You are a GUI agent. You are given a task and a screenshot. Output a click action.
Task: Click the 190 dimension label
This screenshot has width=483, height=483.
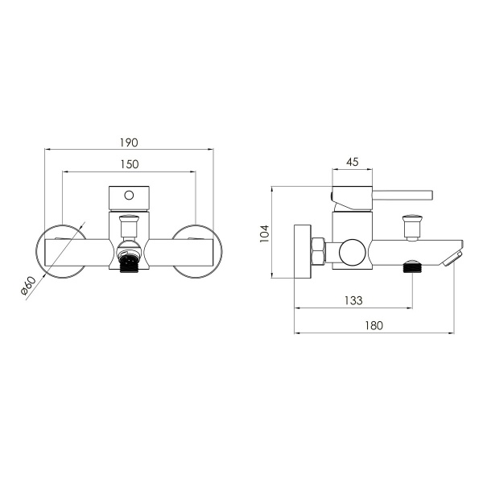(129, 142)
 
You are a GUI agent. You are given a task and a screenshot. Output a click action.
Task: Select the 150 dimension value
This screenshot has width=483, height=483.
(130, 164)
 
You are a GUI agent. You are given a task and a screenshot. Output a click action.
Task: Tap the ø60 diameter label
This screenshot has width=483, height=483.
(28, 286)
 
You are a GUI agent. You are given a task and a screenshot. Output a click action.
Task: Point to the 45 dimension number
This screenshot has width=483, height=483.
(353, 162)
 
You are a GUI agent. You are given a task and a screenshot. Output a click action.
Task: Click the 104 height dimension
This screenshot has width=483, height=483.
(264, 233)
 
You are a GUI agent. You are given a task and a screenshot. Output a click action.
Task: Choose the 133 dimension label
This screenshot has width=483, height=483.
(353, 300)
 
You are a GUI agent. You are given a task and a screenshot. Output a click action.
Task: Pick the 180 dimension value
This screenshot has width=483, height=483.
(374, 325)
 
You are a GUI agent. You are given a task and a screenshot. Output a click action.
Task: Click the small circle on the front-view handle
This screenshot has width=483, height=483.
(129, 196)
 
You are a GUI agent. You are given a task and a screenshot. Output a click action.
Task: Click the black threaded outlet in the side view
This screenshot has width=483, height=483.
(412, 266)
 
